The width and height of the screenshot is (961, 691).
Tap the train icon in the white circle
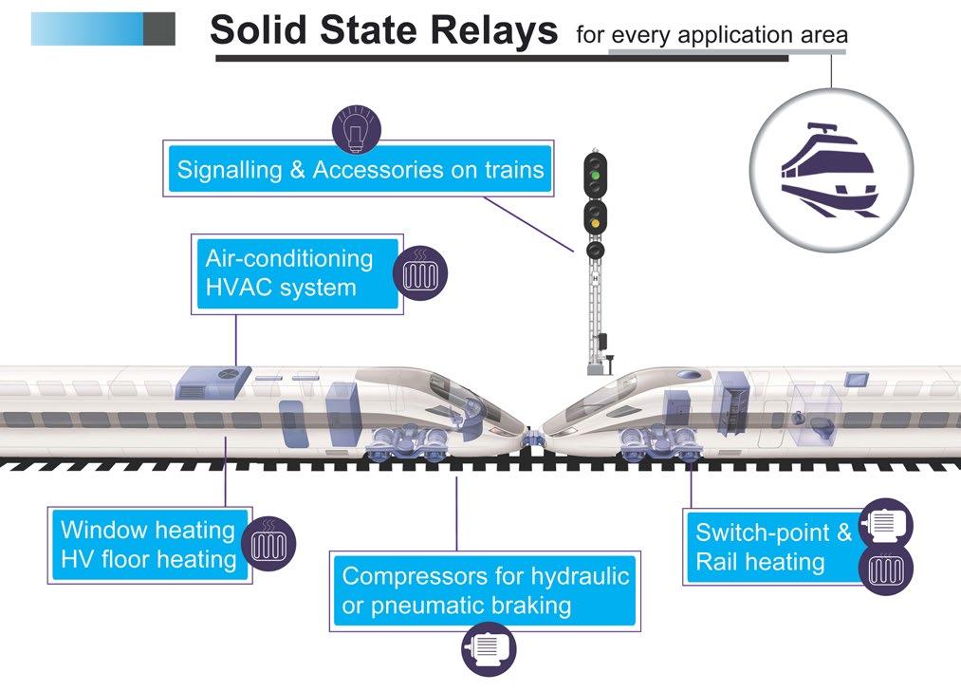[x=830, y=168]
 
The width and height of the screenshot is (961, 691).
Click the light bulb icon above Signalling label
[x=355, y=129]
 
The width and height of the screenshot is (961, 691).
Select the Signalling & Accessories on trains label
[x=360, y=171]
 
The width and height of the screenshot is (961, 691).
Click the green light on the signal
[x=594, y=175]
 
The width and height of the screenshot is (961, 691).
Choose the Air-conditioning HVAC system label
[x=289, y=272]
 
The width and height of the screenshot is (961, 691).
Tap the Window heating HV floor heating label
[x=148, y=545]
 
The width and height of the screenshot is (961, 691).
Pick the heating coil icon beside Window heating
[x=269, y=544]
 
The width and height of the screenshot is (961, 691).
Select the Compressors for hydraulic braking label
[x=485, y=590]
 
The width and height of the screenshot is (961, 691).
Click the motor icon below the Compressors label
[x=488, y=649]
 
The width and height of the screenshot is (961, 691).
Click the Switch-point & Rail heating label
[x=772, y=547]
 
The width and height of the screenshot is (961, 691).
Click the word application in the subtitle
[x=729, y=36]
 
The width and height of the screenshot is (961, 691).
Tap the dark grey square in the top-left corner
[x=159, y=28]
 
